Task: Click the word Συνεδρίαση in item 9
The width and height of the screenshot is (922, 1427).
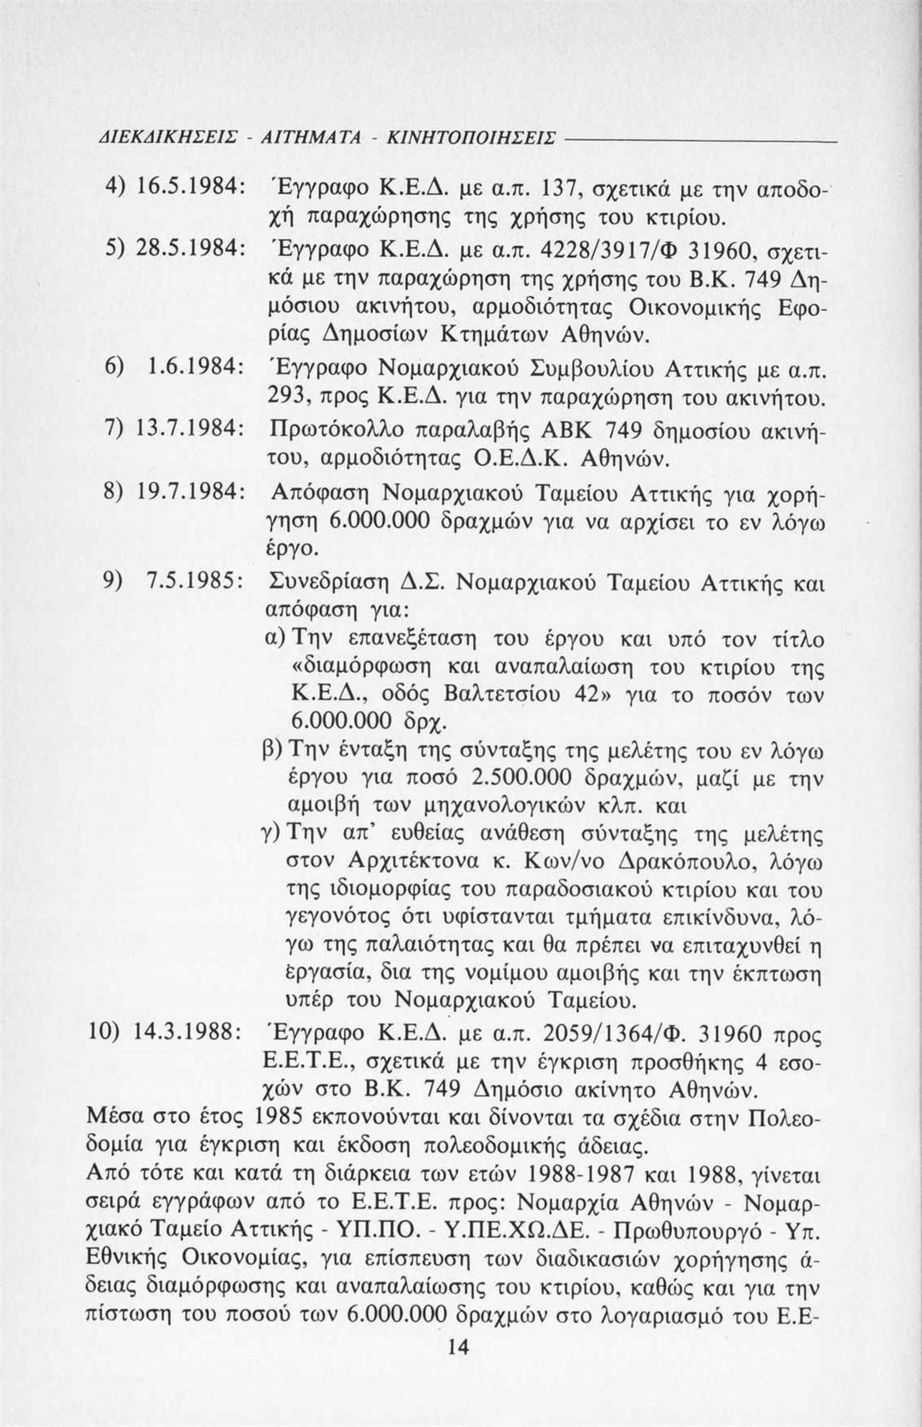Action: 330,584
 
